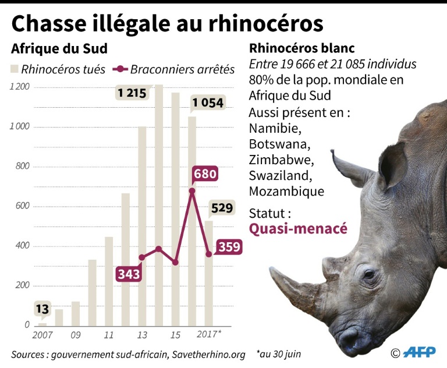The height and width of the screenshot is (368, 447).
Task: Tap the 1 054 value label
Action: (208, 102)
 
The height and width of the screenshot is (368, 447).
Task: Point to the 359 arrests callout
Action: (229, 247)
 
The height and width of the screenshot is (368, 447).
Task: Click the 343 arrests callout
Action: (129, 274)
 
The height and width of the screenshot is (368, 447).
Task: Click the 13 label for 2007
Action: (42, 309)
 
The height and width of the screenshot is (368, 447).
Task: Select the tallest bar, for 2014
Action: (158, 204)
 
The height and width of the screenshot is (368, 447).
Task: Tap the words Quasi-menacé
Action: (298, 228)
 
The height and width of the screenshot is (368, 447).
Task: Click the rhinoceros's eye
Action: (368, 274)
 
